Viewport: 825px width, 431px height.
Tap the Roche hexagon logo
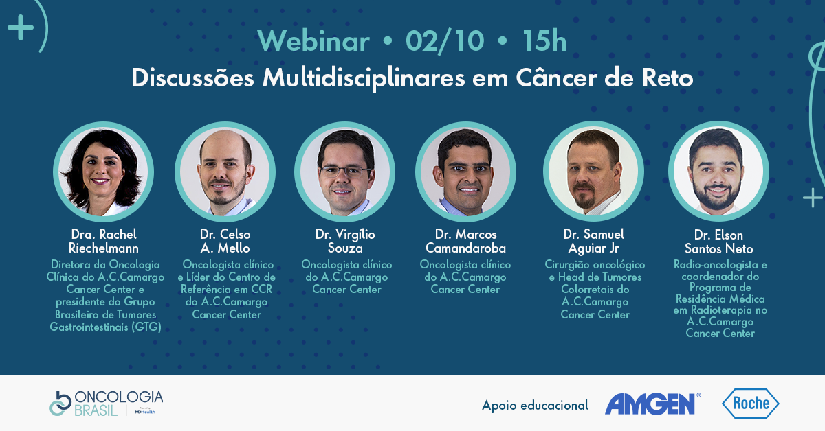(751, 404)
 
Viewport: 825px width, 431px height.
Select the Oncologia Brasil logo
(106, 404)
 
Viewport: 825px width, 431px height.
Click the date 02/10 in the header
(445, 40)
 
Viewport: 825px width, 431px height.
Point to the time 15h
(544, 40)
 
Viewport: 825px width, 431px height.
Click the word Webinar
(313, 40)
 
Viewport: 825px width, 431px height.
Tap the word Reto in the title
(668, 78)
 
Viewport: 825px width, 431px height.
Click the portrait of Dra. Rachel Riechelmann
(104, 172)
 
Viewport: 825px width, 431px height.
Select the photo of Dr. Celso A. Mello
(225, 172)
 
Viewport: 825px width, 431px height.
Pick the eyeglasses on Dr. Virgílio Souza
(344, 172)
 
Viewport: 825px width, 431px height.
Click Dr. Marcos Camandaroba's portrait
(465, 172)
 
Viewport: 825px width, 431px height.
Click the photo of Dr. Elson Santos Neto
(718, 172)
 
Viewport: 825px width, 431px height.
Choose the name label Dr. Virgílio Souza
(345, 242)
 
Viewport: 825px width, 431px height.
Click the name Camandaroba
(465, 248)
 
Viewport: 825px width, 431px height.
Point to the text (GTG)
(146, 327)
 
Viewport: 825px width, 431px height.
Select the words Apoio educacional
(535, 405)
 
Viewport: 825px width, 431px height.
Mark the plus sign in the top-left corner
(21, 27)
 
